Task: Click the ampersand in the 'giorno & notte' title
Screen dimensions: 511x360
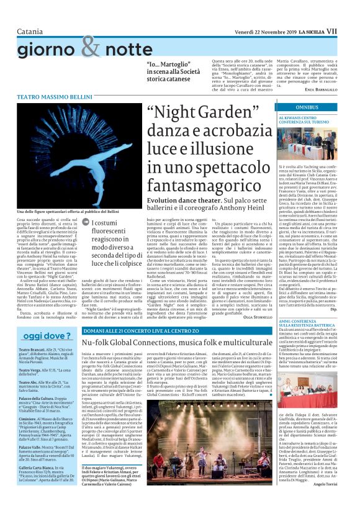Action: [90, 46]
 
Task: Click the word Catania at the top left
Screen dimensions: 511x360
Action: [31, 13]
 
